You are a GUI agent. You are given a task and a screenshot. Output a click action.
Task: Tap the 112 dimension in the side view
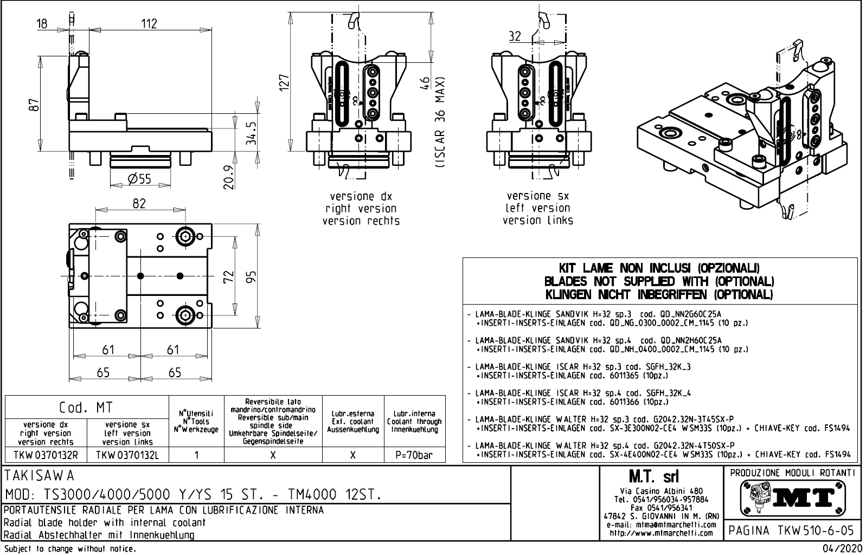(x=149, y=23)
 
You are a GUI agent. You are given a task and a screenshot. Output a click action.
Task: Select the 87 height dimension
(x=35, y=105)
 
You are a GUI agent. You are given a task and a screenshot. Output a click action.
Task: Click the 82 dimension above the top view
(x=139, y=203)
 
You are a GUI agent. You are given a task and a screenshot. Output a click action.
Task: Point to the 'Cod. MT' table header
(x=87, y=408)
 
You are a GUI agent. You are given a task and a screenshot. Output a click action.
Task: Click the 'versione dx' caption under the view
(x=361, y=196)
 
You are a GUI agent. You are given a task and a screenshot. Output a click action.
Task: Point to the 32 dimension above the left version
(x=515, y=36)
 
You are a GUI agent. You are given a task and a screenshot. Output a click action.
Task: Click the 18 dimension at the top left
(x=42, y=23)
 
